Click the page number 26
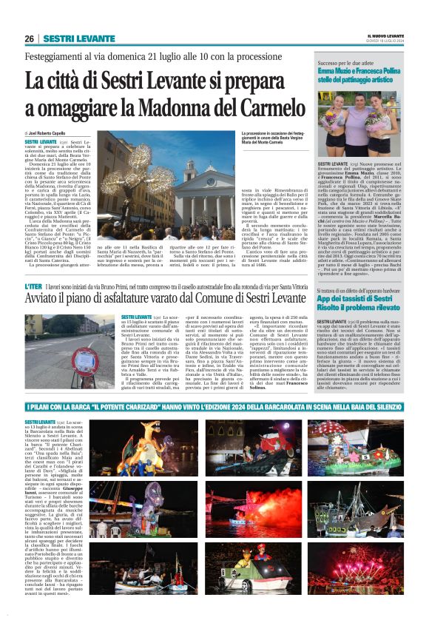30,39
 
